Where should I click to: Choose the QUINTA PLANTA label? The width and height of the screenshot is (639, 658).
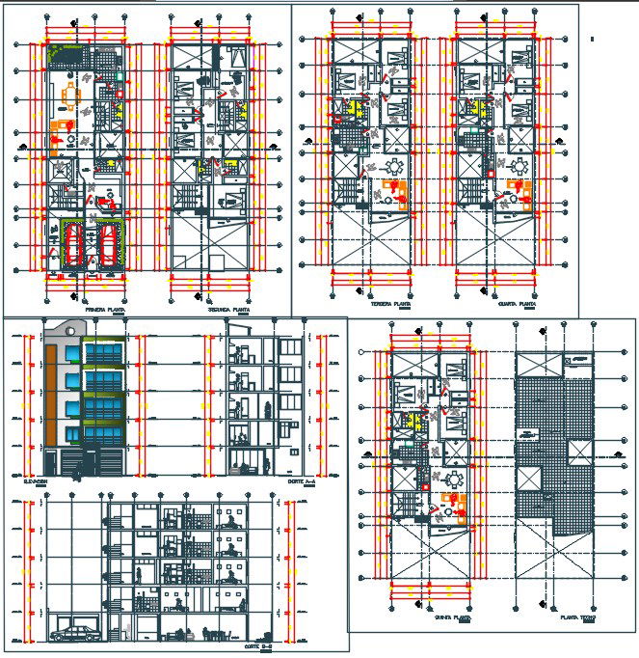[452, 616]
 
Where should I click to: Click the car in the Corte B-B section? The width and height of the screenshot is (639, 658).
[75, 633]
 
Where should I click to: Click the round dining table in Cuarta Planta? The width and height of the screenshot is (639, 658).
[521, 166]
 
